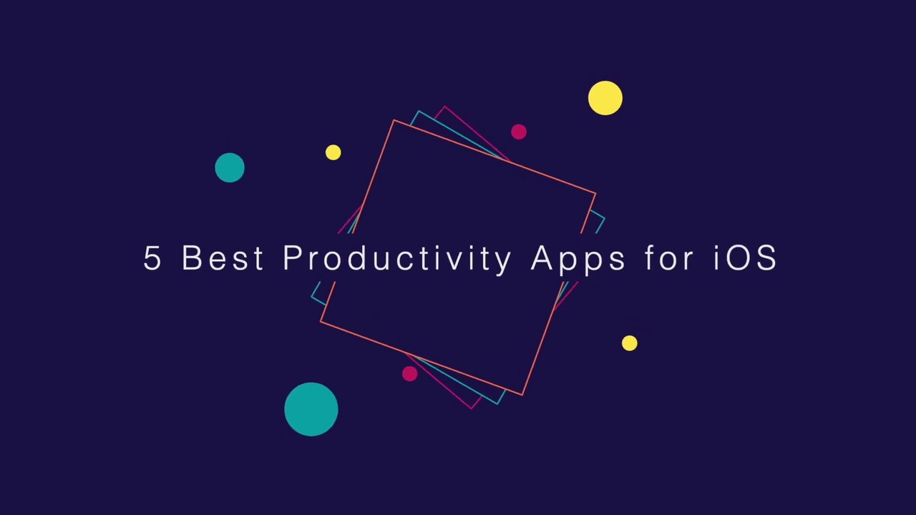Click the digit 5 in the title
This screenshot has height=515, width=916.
coord(152,257)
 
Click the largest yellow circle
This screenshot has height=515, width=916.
coord(605,98)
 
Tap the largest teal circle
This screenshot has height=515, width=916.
coord(311,409)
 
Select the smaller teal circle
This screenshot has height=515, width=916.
coord(230,167)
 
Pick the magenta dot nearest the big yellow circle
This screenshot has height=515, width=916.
coord(519,132)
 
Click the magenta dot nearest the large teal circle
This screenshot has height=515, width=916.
coord(409,373)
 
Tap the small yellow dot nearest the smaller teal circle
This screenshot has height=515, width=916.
coord(333,152)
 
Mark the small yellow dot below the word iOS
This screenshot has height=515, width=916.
coord(629,343)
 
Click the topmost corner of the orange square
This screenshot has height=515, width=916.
coord(394,121)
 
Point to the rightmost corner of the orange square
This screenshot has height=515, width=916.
coord(595,194)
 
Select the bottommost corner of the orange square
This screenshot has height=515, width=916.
coord(522,395)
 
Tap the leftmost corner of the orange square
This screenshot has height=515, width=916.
coord(321,322)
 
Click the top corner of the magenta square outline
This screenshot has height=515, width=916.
coord(444,107)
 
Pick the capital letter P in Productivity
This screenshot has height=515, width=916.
coord(291,257)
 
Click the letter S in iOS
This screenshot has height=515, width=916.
coord(766,257)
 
